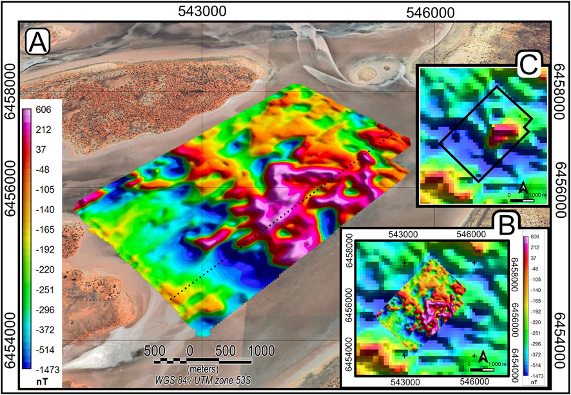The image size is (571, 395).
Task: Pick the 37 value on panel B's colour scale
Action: pos(534,256)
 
